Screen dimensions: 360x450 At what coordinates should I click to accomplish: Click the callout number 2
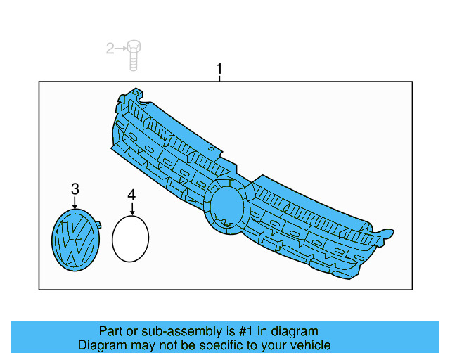(x=110, y=48)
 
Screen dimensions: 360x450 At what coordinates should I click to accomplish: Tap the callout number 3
(x=75, y=188)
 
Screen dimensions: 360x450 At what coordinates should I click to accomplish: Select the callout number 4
(x=131, y=194)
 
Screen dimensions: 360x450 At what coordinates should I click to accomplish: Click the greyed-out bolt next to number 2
(x=134, y=54)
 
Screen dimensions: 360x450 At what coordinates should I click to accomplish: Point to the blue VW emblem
(x=75, y=240)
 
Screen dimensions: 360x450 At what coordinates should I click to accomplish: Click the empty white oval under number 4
(x=130, y=238)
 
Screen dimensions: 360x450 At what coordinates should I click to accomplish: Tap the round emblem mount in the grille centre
(x=226, y=204)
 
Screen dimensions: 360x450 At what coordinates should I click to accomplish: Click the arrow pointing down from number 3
(x=75, y=202)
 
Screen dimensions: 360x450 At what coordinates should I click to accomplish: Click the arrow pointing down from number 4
(x=131, y=208)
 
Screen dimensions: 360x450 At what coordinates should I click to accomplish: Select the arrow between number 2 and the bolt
(x=121, y=48)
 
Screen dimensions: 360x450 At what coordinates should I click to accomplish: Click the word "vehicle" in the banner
(x=309, y=345)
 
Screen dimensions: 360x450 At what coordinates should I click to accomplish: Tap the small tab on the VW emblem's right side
(x=98, y=226)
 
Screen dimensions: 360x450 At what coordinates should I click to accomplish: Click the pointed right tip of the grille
(x=392, y=233)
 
